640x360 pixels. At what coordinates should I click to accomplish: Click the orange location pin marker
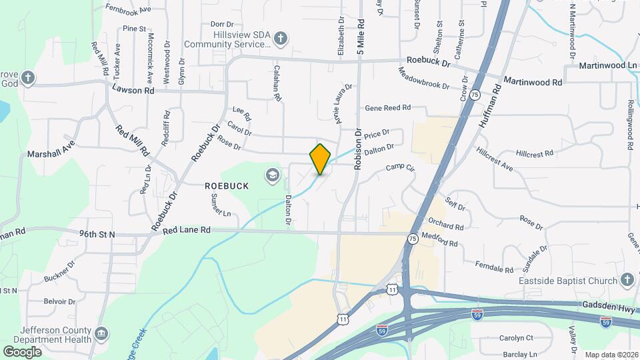pyautogui.click(x=321, y=159)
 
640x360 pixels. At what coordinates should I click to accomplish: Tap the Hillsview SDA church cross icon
pyautogui.click(x=281, y=38)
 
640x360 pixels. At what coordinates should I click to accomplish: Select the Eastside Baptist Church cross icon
pyautogui.click(x=627, y=281)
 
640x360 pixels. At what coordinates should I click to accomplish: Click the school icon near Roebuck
pyautogui.click(x=272, y=175)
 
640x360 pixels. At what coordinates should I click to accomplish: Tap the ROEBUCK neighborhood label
pyautogui.click(x=227, y=186)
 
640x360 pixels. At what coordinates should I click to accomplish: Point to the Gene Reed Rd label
pyautogui.click(x=387, y=107)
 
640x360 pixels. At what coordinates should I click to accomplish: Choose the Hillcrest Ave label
pyautogui.click(x=494, y=159)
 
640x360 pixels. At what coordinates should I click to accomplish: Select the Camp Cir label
pyautogui.click(x=400, y=168)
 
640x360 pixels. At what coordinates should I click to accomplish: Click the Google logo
pyautogui.click(x=22, y=351)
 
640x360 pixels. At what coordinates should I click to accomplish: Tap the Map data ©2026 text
pyautogui.click(x=611, y=355)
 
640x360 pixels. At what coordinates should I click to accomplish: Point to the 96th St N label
pyautogui.click(x=97, y=234)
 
